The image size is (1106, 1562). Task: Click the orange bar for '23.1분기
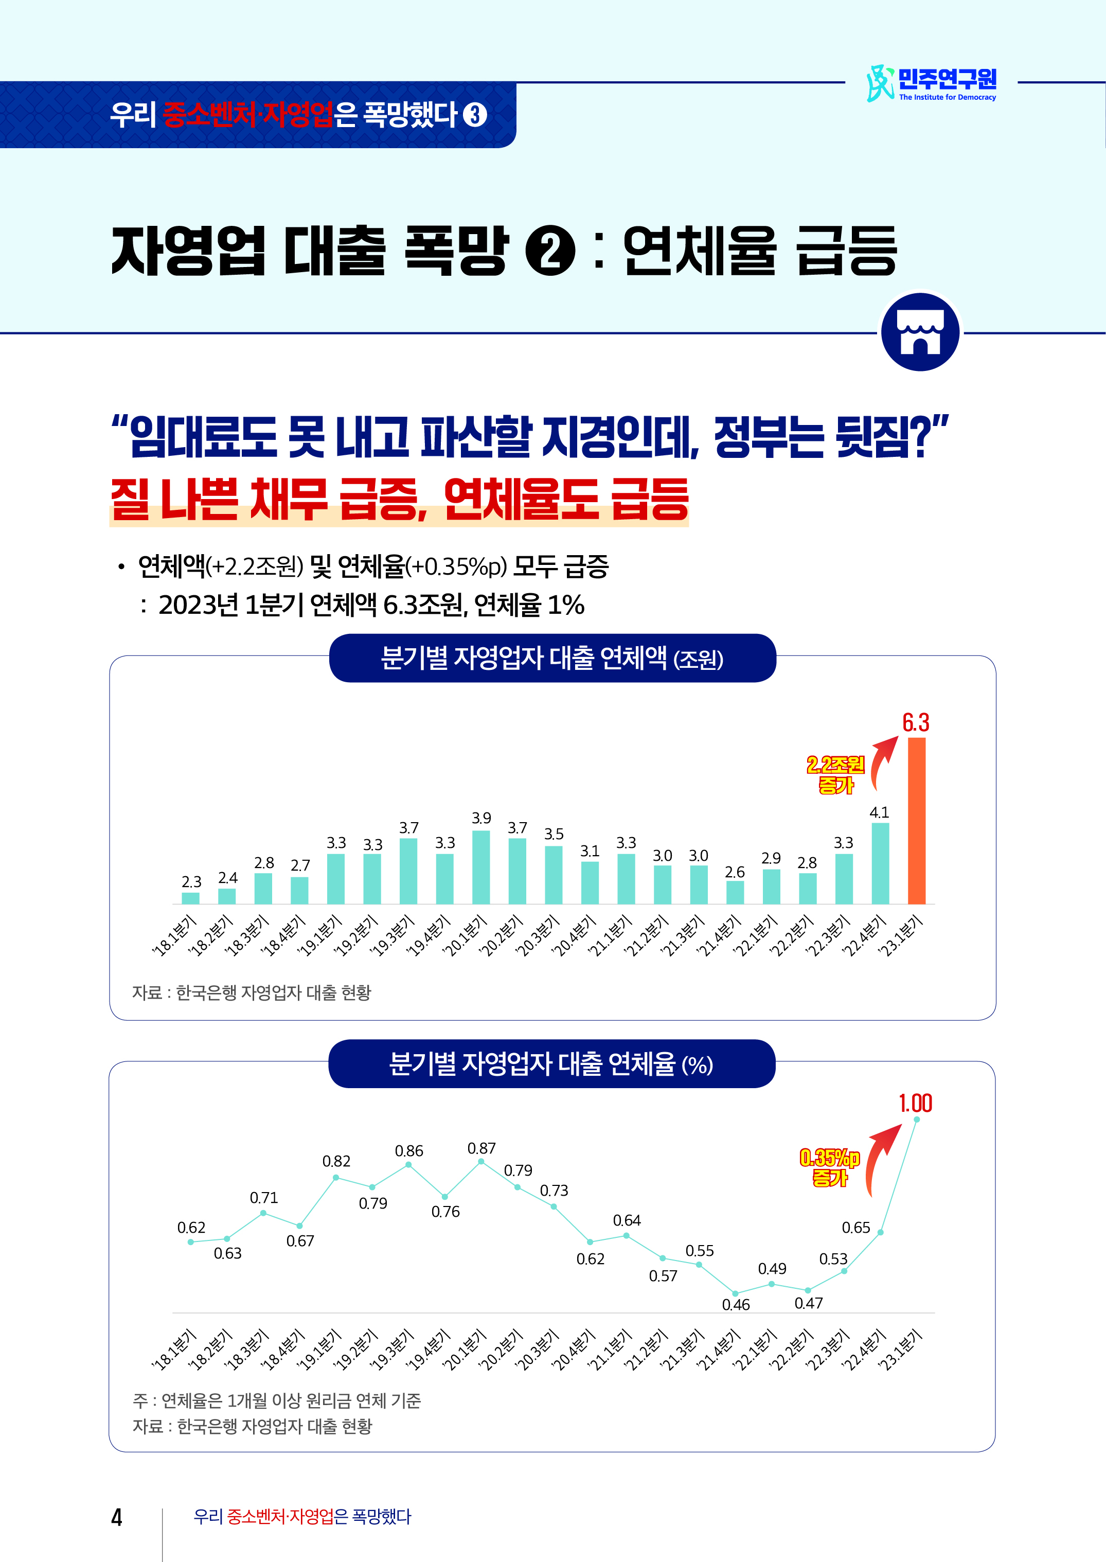pyautogui.click(x=917, y=820)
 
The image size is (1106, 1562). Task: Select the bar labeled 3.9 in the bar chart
pyautogui.click(x=481, y=866)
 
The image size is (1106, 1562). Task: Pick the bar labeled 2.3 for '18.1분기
pyautogui.click(x=191, y=898)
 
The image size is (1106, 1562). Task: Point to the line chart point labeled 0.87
pyautogui.click(x=481, y=1161)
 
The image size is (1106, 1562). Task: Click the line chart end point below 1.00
pyautogui.click(x=916, y=1119)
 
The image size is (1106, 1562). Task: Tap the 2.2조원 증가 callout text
pyautogui.click(x=835, y=774)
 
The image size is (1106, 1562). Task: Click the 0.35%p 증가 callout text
pyautogui.click(x=829, y=1167)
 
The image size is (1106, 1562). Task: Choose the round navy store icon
pyautogui.click(x=920, y=332)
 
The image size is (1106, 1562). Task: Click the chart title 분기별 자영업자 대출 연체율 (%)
pyautogui.click(x=551, y=1064)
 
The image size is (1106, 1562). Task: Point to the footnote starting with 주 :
pyautogui.click(x=277, y=1400)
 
